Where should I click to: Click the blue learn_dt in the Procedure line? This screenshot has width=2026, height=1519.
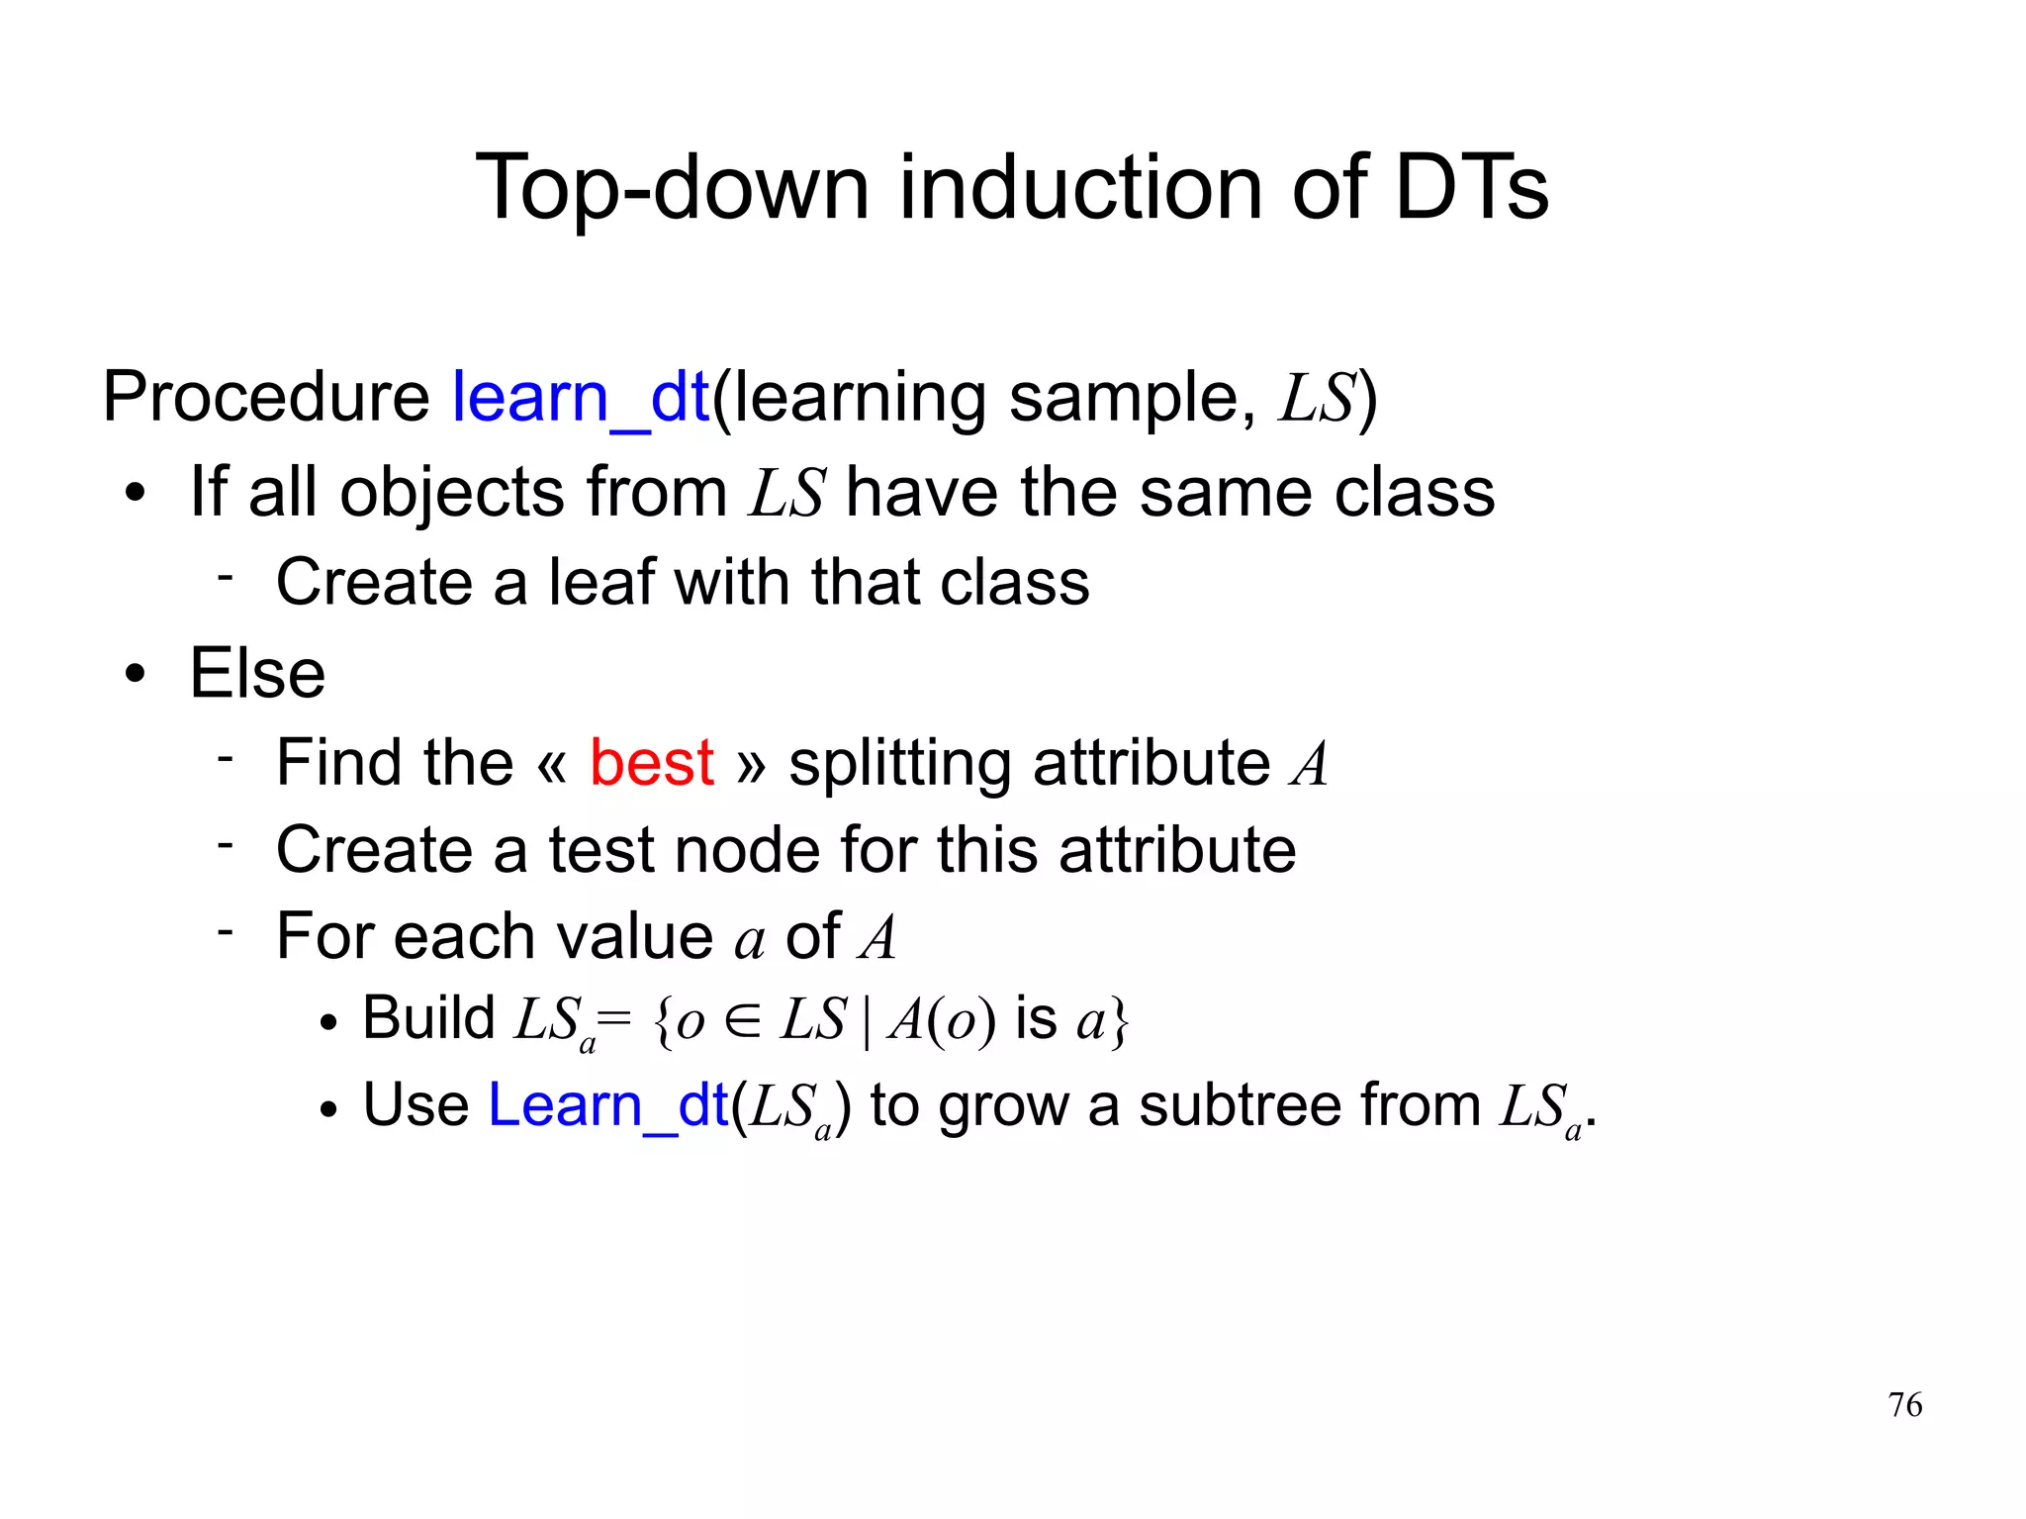coord(581,398)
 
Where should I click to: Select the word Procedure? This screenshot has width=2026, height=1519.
coord(265,398)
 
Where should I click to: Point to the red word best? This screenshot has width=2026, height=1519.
coord(651,763)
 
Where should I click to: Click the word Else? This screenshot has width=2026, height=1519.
coord(257,674)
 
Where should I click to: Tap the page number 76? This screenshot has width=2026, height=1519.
coord(1904,1405)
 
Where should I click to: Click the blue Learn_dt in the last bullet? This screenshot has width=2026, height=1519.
coord(608,1105)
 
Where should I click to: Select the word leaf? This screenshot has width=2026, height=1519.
coord(602,582)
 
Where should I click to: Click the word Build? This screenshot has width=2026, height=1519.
coord(428,1018)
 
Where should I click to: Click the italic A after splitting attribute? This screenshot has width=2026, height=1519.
coord(1309,765)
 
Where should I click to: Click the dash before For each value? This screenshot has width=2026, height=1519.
coord(226,930)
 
